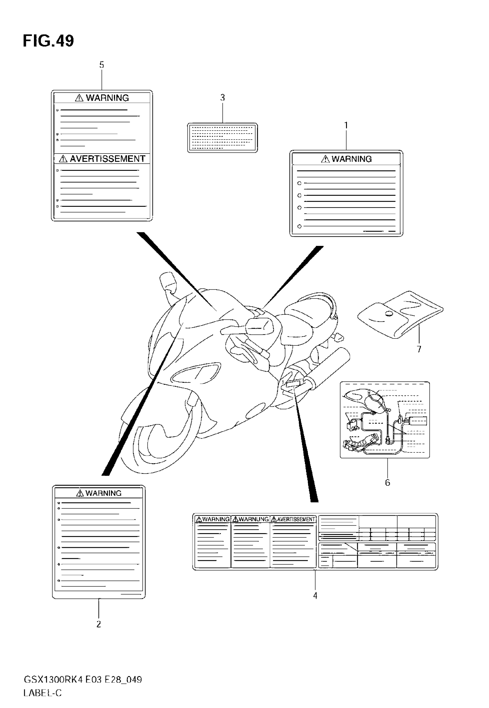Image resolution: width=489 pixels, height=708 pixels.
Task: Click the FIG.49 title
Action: (x=48, y=41)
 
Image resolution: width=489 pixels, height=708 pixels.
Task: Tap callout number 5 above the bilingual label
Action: (x=102, y=65)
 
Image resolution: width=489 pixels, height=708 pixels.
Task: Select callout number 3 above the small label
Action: (x=222, y=98)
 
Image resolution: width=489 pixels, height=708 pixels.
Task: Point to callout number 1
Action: (x=346, y=125)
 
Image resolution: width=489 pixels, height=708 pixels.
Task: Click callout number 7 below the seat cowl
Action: (x=419, y=349)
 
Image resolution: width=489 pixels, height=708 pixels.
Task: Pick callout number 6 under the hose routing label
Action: (x=387, y=483)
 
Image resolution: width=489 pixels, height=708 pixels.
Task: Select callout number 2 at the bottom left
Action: (x=99, y=624)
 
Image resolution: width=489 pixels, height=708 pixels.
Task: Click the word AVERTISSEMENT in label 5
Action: (x=107, y=159)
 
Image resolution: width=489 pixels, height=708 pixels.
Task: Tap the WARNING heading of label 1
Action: (x=351, y=159)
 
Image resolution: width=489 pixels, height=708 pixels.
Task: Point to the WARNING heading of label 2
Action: (x=103, y=493)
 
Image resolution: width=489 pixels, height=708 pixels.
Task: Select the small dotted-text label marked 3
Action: (x=222, y=138)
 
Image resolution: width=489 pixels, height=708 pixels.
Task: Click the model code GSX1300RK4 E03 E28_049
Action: (x=83, y=680)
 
